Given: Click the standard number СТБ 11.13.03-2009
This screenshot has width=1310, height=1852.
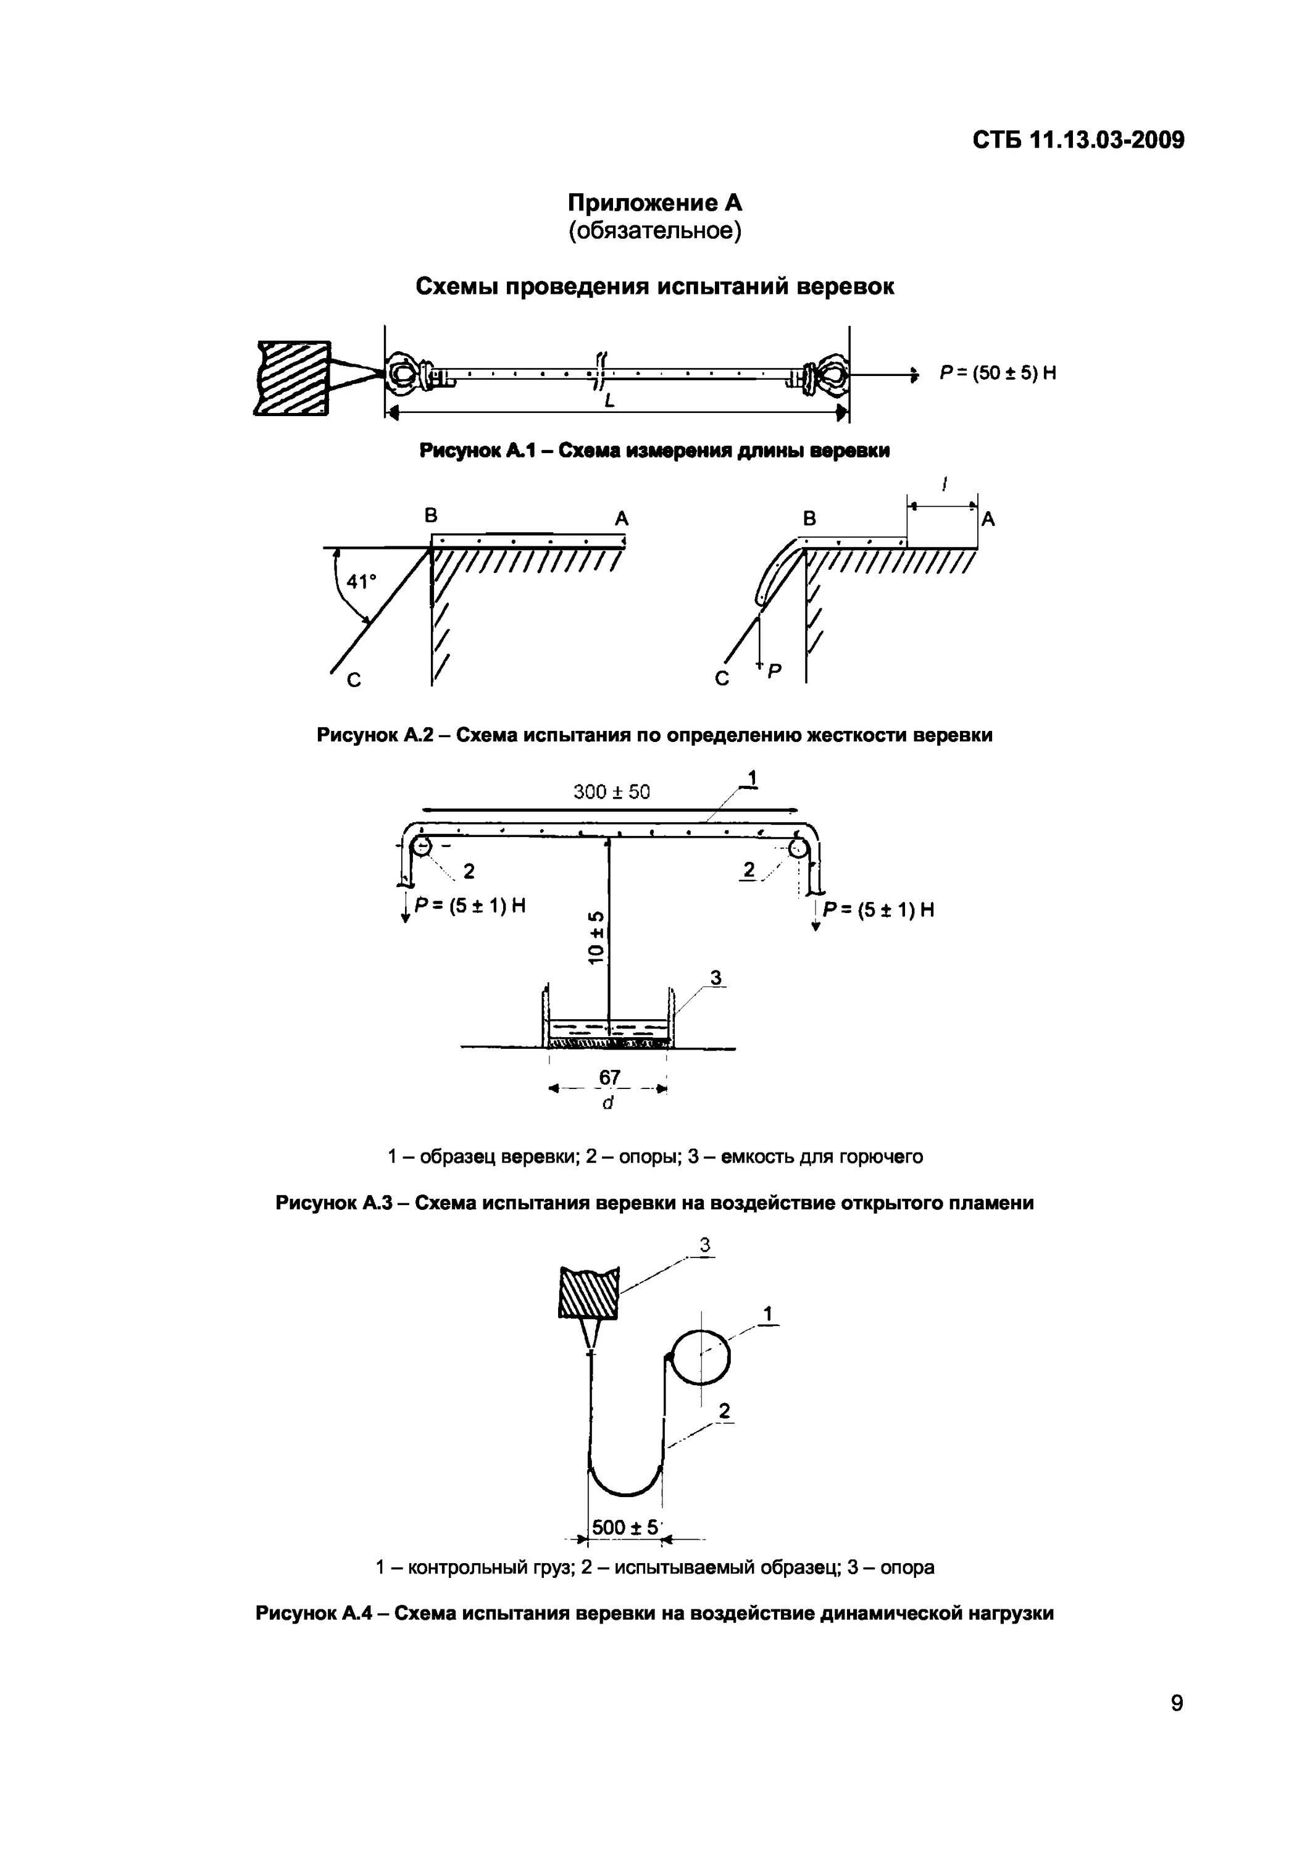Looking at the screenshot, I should tap(1078, 140).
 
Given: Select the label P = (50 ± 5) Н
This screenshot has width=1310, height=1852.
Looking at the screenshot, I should tap(998, 373).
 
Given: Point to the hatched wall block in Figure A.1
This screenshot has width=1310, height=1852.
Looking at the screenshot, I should tap(293, 377).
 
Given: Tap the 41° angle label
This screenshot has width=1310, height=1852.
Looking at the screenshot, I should tap(361, 582).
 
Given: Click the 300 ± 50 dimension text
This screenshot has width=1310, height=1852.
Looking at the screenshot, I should tap(611, 792).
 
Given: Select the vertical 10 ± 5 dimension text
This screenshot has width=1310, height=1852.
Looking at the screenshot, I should tap(597, 936).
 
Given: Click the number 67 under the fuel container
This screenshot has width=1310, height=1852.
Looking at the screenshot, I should tap(610, 1078).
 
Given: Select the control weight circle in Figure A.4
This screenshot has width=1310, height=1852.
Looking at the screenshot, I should tap(700, 1356).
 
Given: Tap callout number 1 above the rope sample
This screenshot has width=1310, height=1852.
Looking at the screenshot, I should tap(752, 778).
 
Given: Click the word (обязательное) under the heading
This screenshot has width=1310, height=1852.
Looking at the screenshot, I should tap(654, 231).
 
